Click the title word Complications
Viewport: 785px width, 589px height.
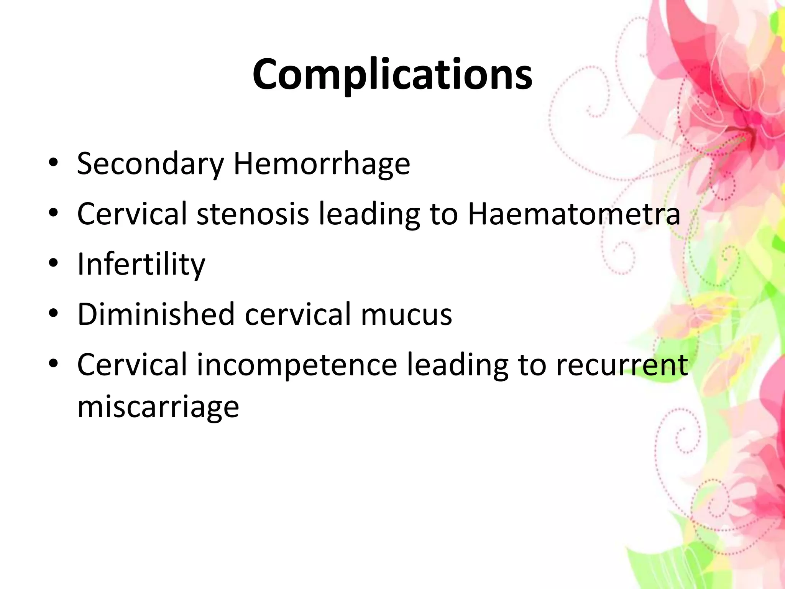(x=392, y=74)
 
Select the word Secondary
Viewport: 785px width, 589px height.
(x=150, y=164)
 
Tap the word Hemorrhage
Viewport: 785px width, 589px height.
(x=322, y=163)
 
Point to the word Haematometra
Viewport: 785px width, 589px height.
(x=574, y=214)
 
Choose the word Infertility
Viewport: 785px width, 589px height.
(x=141, y=265)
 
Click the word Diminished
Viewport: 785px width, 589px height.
(x=156, y=314)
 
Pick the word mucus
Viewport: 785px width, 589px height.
(x=406, y=315)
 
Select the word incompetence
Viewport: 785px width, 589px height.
(x=297, y=365)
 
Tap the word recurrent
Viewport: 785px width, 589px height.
(x=622, y=365)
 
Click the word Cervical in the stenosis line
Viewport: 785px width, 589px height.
(x=132, y=214)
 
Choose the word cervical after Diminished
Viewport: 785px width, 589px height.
(x=297, y=314)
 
